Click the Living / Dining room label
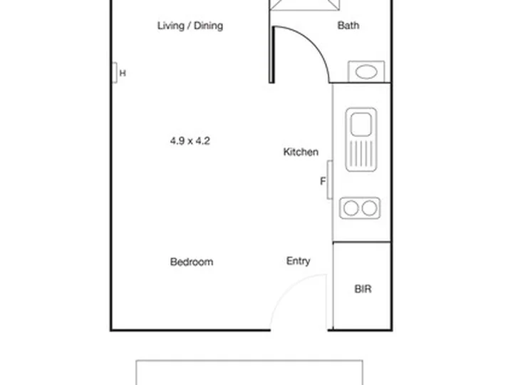click(x=190, y=26)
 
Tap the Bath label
click(x=348, y=25)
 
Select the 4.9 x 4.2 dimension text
click(x=190, y=140)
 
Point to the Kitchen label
click(x=301, y=152)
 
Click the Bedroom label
click(x=192, y=262)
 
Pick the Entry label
click(x=298, y=261)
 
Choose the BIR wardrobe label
click(x=363, y=289)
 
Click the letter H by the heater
click(x=123, y=73)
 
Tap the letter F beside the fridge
click(x=323, y=181)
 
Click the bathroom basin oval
click(x=366, y=72)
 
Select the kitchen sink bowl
click(x=361, y=124)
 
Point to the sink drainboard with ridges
click(x=361, y=154)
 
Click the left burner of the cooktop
click(x=351, y=208)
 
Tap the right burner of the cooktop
click(x=369, y=208)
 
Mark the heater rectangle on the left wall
click(x=115, y=73)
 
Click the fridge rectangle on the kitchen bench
click(x=330, y=180)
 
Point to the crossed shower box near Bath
click(x=305, y=5)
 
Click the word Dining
click(x=208, y=26)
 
